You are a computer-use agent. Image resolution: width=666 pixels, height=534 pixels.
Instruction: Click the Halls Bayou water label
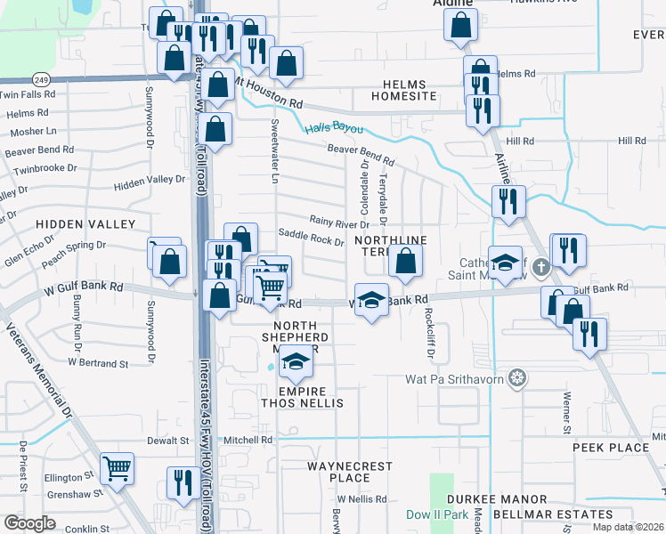[334, 128]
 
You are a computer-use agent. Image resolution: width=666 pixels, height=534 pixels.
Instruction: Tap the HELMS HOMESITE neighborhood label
[410, 90]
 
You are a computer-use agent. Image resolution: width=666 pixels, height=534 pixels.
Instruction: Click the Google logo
[30, 523]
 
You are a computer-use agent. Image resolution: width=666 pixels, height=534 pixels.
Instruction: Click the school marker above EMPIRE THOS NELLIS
[296, 362]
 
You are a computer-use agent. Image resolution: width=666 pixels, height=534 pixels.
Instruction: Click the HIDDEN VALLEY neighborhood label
[85, 223]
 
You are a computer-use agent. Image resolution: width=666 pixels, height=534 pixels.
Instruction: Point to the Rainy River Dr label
[338, 220]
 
